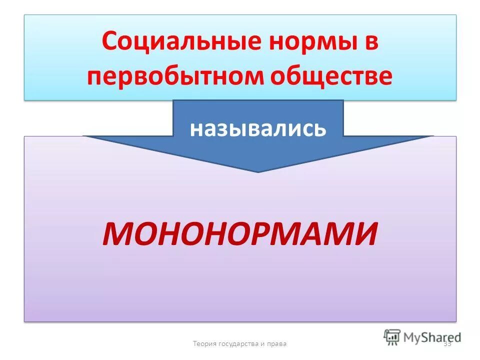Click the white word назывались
[x=258, y=129]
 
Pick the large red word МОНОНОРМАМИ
[x=240, y=234]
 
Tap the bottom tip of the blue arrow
[x=258, y=171]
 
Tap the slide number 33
[x=447, y=343]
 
